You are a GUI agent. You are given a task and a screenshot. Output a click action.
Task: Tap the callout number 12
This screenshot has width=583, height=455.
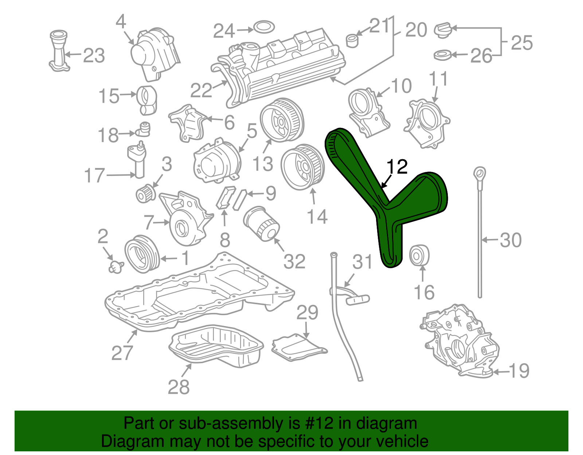coord(397,167)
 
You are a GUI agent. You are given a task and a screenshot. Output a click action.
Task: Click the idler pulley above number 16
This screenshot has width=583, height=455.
coord(419,256)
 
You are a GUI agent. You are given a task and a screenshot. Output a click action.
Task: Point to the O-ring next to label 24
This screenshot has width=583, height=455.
coord(264,27)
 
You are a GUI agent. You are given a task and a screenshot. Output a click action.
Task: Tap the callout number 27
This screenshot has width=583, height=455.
coord(122,353)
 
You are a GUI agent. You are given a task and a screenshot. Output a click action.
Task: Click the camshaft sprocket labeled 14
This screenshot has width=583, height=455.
coord(302,167)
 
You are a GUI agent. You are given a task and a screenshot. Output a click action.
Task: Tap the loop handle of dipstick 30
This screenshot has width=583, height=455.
coord(480,173)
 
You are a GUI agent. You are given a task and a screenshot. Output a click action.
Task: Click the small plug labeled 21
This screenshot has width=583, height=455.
coord(352,40)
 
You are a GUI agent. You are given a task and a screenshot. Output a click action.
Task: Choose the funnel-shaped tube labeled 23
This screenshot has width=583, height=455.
coord(59,51)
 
